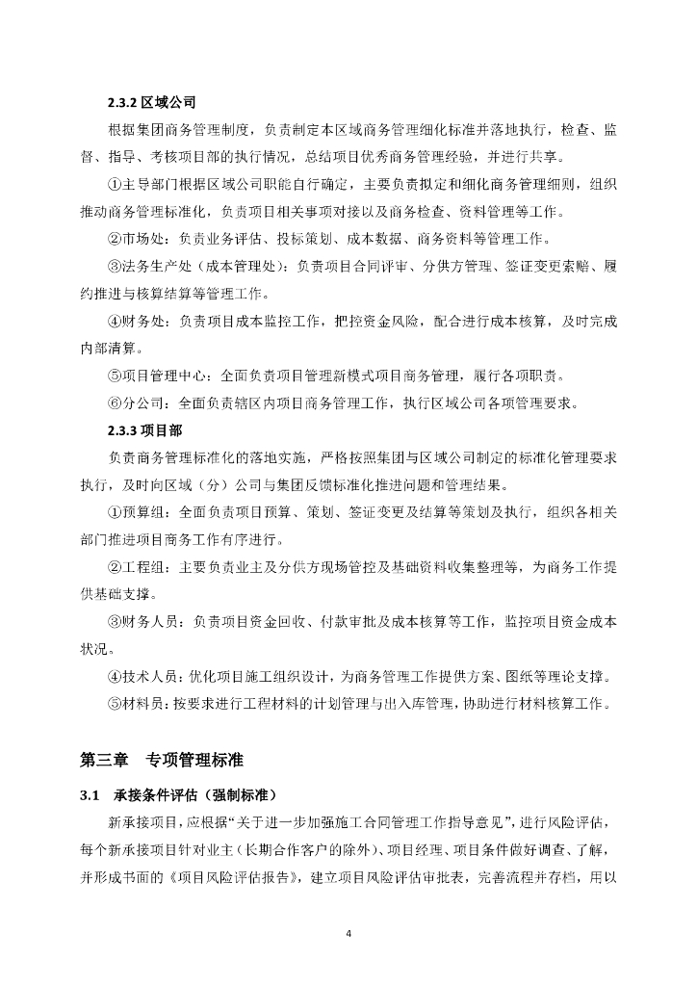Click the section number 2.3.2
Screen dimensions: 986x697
pyautogui.click(x=123, y=101)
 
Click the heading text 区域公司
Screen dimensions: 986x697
pyautogui.click(x=168, y=101)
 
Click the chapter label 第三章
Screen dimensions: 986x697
pyautogui.click(x=104, y=760)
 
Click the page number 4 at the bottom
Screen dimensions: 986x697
pyautogui.click(x=348, y=933)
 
